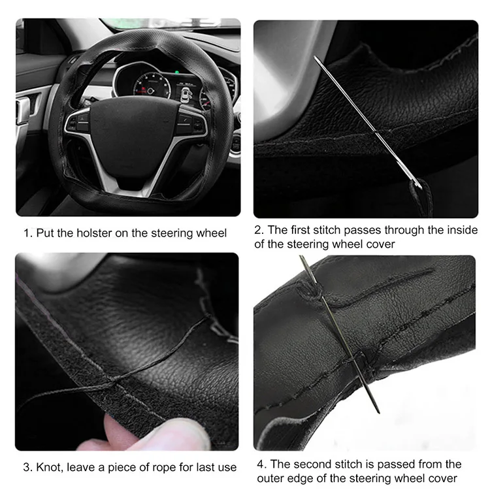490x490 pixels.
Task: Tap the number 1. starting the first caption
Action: (28, 233)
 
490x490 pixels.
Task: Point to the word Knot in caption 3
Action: (47, 468)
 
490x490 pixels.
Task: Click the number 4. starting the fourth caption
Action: (261, 465)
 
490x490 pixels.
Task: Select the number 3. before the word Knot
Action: (27, 468)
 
